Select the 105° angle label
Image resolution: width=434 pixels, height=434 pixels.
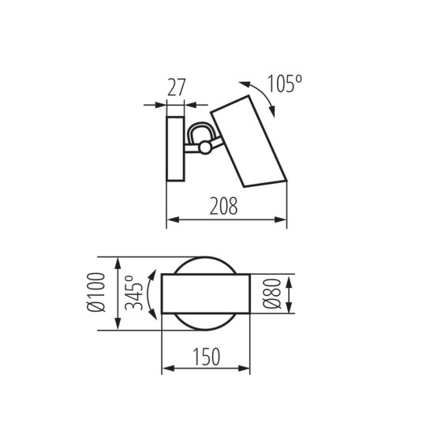[286, 82]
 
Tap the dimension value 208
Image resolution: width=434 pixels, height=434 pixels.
[226, 208]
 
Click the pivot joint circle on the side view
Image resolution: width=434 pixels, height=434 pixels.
[205, 147]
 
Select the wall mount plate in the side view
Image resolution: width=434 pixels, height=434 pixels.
[175, 149]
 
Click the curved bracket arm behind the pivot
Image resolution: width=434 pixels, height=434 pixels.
[197, 130]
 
